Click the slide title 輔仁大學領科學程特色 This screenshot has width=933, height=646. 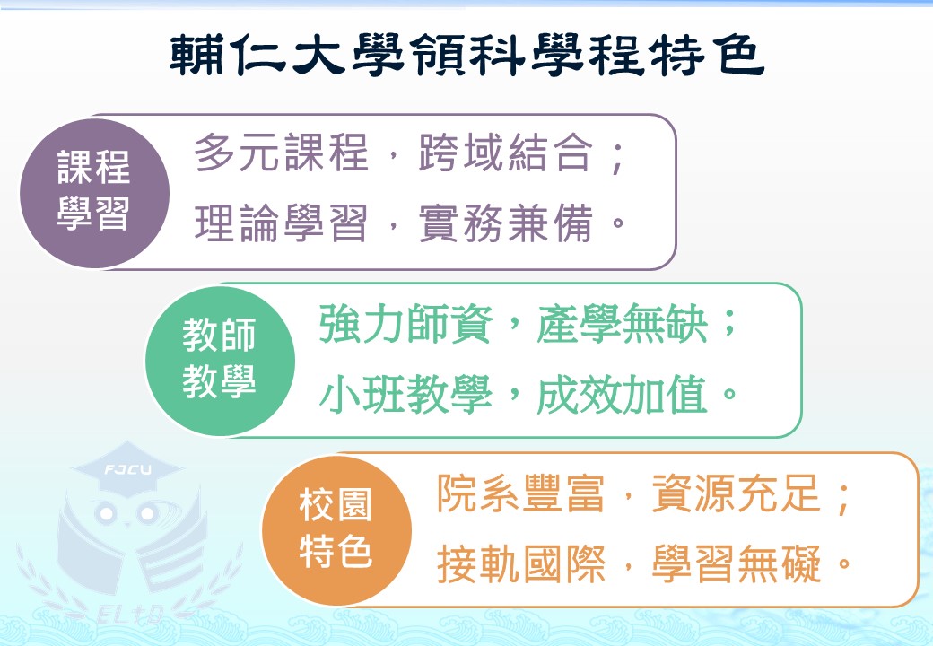point(466,54)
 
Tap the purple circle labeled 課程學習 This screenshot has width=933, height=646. point(94,193)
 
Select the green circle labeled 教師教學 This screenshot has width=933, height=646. point(220,361)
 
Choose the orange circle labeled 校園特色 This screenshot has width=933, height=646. point(336,530)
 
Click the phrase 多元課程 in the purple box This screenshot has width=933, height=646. point(282,153)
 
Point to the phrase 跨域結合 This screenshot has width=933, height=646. point(506,153)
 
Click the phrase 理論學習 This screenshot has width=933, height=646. point(282,223)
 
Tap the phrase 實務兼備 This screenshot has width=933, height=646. point(506,223)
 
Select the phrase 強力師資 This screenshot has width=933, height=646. point(405,324)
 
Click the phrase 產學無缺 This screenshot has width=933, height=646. point(623,324)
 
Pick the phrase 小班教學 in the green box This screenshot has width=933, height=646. point(405,395)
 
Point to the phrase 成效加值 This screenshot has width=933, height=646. point(623,395)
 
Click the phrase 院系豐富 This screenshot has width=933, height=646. point(521,493)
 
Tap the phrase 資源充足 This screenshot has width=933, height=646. point(737,493)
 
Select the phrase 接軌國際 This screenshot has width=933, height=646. point(521,563)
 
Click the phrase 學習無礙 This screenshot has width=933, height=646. point(737,563)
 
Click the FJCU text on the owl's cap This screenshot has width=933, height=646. point(128,470)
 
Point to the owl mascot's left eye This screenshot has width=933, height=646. point(107,512)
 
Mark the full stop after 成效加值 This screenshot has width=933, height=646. point(729,393)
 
